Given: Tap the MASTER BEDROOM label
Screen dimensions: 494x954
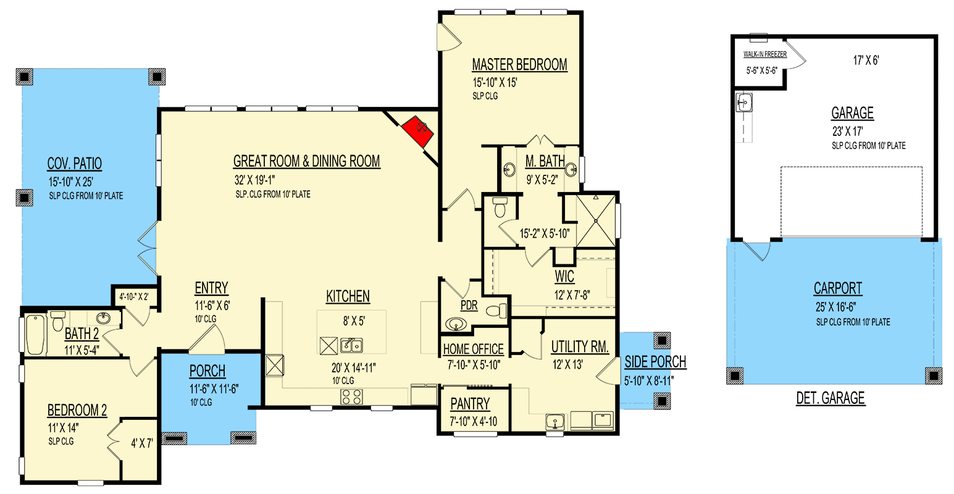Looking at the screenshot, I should pyautogui.click(x=519, y=65).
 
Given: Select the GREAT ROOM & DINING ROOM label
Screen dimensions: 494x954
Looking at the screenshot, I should pyautogui.click(x=307, y=162).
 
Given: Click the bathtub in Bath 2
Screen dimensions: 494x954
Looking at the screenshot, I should pyautogui.click(x=36, y=334).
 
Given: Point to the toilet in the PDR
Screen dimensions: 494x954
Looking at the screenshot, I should pyautogui.click(x=496, y=310).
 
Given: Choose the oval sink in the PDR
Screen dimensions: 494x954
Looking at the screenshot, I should pyautogui.click(x=456, y=324).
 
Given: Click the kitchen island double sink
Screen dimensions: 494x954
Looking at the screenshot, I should pyautogui.click(x=350, y=345).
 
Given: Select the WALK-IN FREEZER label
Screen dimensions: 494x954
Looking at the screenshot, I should pyautogui.click(x=764, y=54).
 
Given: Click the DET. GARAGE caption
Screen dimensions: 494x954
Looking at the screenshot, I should pyautogui.click(x=830, y=398).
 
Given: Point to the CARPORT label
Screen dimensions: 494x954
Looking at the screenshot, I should pyautogui.click(x=838, y=288).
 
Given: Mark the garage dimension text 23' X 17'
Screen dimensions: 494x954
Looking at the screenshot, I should pyautogui.click(x=847, y=131).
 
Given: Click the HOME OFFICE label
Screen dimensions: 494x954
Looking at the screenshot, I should pyautogui.click(x=473, y=350).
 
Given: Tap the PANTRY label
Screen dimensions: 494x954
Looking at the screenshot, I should pyautogui.click(x=470, y=404).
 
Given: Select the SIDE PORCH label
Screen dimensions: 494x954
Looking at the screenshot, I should pyautogui.click(x=655, y=362).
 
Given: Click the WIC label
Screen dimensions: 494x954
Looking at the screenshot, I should pyautogui.click(x=564, y=277).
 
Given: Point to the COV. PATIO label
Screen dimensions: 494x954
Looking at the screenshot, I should pyautogui.click(x=75, y=164).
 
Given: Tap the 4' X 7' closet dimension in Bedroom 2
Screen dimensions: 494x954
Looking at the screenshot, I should pyautogui.click(x=141, y=443).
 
